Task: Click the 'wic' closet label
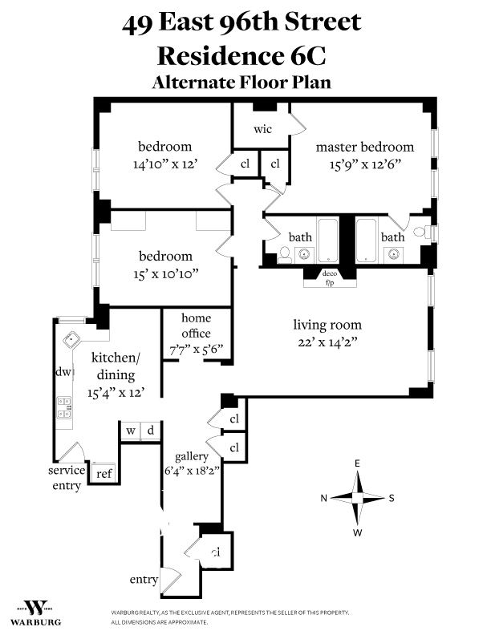[262, 130]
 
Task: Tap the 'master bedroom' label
[365, 147]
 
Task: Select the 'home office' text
[196, 326]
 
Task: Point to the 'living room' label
[327, 325]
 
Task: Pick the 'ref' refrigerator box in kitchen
[103, 473]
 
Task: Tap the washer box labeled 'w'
[129, 431]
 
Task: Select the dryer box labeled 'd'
[150, 431]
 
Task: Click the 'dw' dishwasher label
[63, 372]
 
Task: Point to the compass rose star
[358, 498]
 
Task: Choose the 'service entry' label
[65, 478]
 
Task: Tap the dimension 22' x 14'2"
[327, 342]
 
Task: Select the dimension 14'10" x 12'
[164, 164]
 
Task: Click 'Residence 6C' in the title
[241, 56]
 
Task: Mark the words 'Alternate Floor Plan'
[241, 82]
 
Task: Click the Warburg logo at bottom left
[36, 612]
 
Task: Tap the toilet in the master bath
[419, 234]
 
